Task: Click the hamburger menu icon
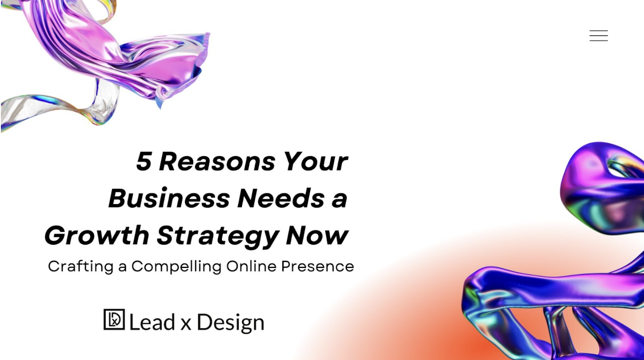(598, 36)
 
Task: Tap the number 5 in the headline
(144, 161)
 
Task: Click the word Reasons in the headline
(217, 161)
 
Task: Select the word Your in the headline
(315, 161)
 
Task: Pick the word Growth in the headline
(96, 235)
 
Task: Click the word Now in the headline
(317, 235)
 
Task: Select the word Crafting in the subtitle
(80, 267)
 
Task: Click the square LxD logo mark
(114, 320)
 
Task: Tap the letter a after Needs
(339, 199)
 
